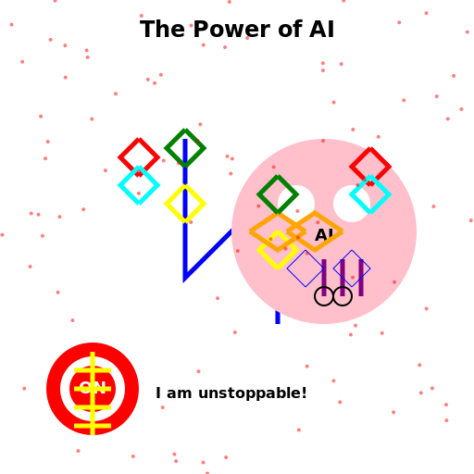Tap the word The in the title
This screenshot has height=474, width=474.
point(162,30)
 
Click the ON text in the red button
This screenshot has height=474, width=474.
point(93,387)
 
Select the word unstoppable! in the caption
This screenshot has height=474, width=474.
point(253,393)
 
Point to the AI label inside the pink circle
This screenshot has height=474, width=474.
point(324,235)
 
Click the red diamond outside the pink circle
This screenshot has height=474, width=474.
point(139,157)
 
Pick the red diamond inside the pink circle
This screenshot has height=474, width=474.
point(370,167)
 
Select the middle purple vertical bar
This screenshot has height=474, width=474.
point(343,278)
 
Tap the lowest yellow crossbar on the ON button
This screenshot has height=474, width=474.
point(93,426)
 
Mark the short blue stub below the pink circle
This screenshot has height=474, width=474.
point(278,318)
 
